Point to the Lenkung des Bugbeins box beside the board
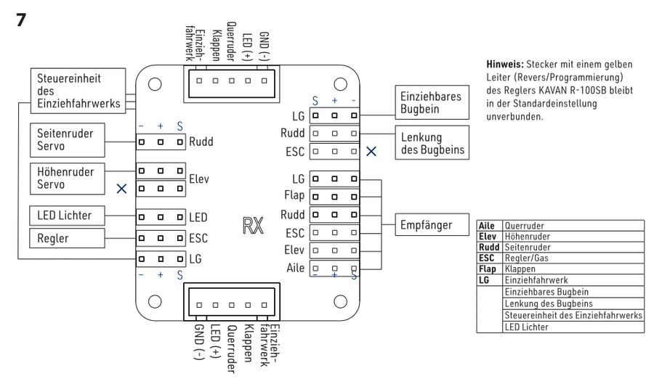point(429,142)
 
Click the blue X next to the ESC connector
point(371,152)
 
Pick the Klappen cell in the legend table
point(520,267)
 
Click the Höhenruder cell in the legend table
point(526,236)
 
